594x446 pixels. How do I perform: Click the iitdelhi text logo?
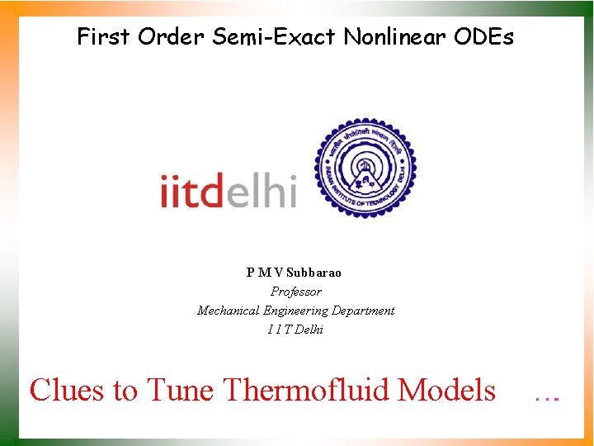(229, 192)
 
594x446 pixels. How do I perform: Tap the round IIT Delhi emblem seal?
(365, 169)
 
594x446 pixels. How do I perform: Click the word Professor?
(296, 292)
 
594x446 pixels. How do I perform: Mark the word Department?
(363, 311)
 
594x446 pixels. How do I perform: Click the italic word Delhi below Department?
(308, 330)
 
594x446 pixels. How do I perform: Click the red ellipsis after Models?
(547, 396)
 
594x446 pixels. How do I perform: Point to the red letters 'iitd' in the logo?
(191, 192)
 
